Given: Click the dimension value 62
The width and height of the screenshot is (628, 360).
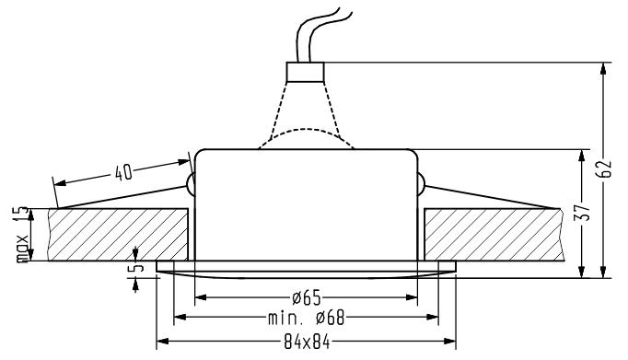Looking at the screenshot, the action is pos(604,169).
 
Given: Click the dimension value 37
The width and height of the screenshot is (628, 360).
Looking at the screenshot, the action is pos(583,213).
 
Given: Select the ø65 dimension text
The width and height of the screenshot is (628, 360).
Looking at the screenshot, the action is pos(307,297).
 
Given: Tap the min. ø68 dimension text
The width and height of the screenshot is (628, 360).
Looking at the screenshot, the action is pos(307,318).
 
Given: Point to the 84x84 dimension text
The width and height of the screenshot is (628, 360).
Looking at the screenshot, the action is pos(307,342).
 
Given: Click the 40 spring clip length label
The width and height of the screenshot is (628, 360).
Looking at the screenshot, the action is pos(123,172).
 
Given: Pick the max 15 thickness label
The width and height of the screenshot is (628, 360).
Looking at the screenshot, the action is pos(22,234).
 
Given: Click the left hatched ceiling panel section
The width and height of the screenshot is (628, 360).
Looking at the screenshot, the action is pos(118,235).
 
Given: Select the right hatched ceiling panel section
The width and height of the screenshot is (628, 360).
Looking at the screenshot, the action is pos(494,235).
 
